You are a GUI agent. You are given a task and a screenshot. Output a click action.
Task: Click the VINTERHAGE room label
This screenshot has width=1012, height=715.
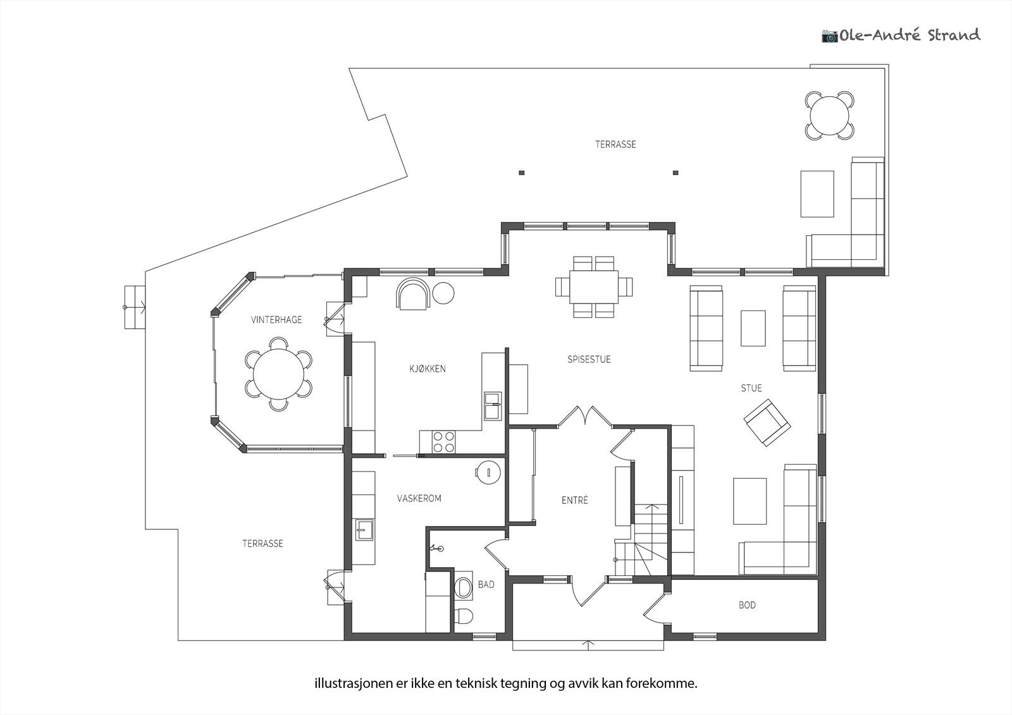pos(276,320)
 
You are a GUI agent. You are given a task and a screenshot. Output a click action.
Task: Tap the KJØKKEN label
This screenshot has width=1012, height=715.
pos(428,369)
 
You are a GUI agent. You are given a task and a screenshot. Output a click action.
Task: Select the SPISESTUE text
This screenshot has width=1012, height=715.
pos(589,359)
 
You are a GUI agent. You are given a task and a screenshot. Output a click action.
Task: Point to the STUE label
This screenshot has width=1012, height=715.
pos(751,388)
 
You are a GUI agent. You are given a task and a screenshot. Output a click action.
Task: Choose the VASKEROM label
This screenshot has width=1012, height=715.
pos(419,498)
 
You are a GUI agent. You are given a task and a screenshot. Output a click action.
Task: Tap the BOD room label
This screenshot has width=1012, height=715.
pos(747,605)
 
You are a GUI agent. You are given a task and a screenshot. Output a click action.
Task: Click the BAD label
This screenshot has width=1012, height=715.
pos(486,585)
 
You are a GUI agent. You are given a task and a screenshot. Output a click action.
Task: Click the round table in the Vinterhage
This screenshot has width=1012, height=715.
pos(279,374)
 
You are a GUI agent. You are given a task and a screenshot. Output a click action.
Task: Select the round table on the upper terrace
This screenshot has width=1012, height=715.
pos(830,115)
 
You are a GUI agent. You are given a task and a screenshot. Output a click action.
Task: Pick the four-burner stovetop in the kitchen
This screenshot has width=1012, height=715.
pos(443,442)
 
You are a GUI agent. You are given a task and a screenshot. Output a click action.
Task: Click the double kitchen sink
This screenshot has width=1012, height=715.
pos(493,406)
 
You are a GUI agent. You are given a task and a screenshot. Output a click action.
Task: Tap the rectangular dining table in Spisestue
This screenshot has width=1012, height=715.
pos(594,287)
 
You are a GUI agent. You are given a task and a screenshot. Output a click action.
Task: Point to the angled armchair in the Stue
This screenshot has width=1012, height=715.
pos(767,424)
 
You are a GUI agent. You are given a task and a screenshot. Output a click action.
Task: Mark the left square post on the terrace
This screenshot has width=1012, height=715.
pos(521,173)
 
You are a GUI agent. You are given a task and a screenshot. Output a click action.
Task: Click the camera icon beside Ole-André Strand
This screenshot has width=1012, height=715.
pos(829,35)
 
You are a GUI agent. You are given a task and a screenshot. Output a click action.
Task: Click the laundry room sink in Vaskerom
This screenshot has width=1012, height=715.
pos(364,529)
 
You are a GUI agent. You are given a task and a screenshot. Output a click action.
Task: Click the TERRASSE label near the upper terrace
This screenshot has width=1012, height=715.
pos(615,145)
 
